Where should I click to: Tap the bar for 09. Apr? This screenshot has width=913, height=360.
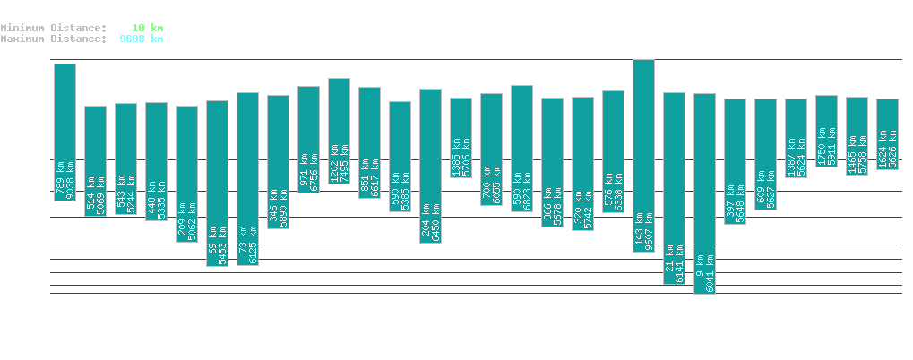(704, 193)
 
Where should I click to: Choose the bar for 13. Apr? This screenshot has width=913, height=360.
(826, 124)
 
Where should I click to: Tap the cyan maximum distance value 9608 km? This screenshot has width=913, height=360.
(142, 39)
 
